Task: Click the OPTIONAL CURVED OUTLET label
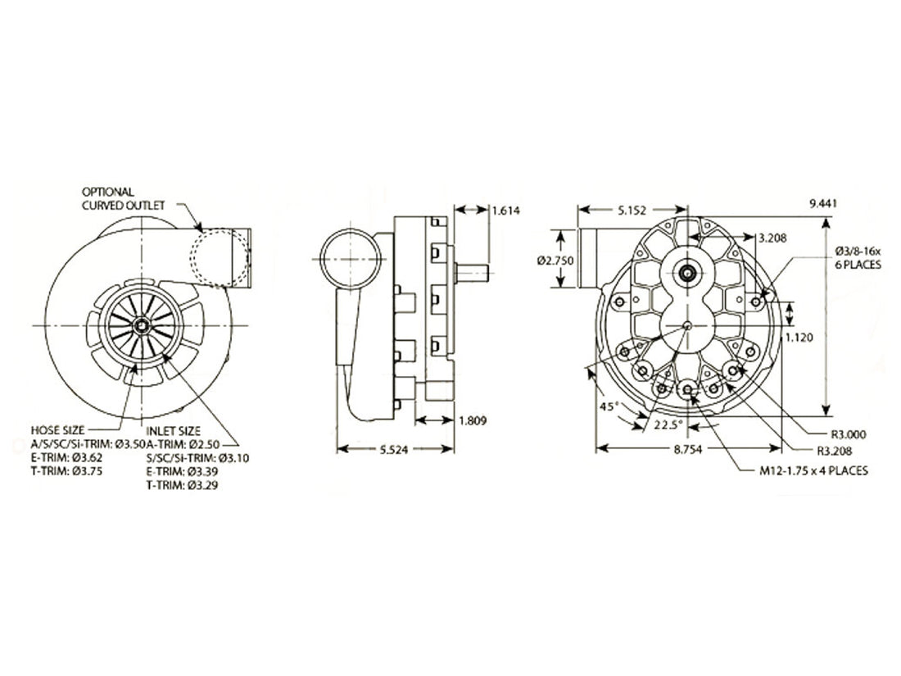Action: coord(123,197)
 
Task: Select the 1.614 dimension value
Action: coord(506,210)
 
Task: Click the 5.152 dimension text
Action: coord(632,210)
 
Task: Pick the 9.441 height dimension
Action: coord(822,203)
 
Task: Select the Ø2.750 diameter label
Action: coord(555,260)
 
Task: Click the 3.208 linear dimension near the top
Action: coord(774,238)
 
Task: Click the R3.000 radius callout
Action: coord(847,434)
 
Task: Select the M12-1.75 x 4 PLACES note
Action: coord(813,470)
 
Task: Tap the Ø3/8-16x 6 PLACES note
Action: coord(858,256)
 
